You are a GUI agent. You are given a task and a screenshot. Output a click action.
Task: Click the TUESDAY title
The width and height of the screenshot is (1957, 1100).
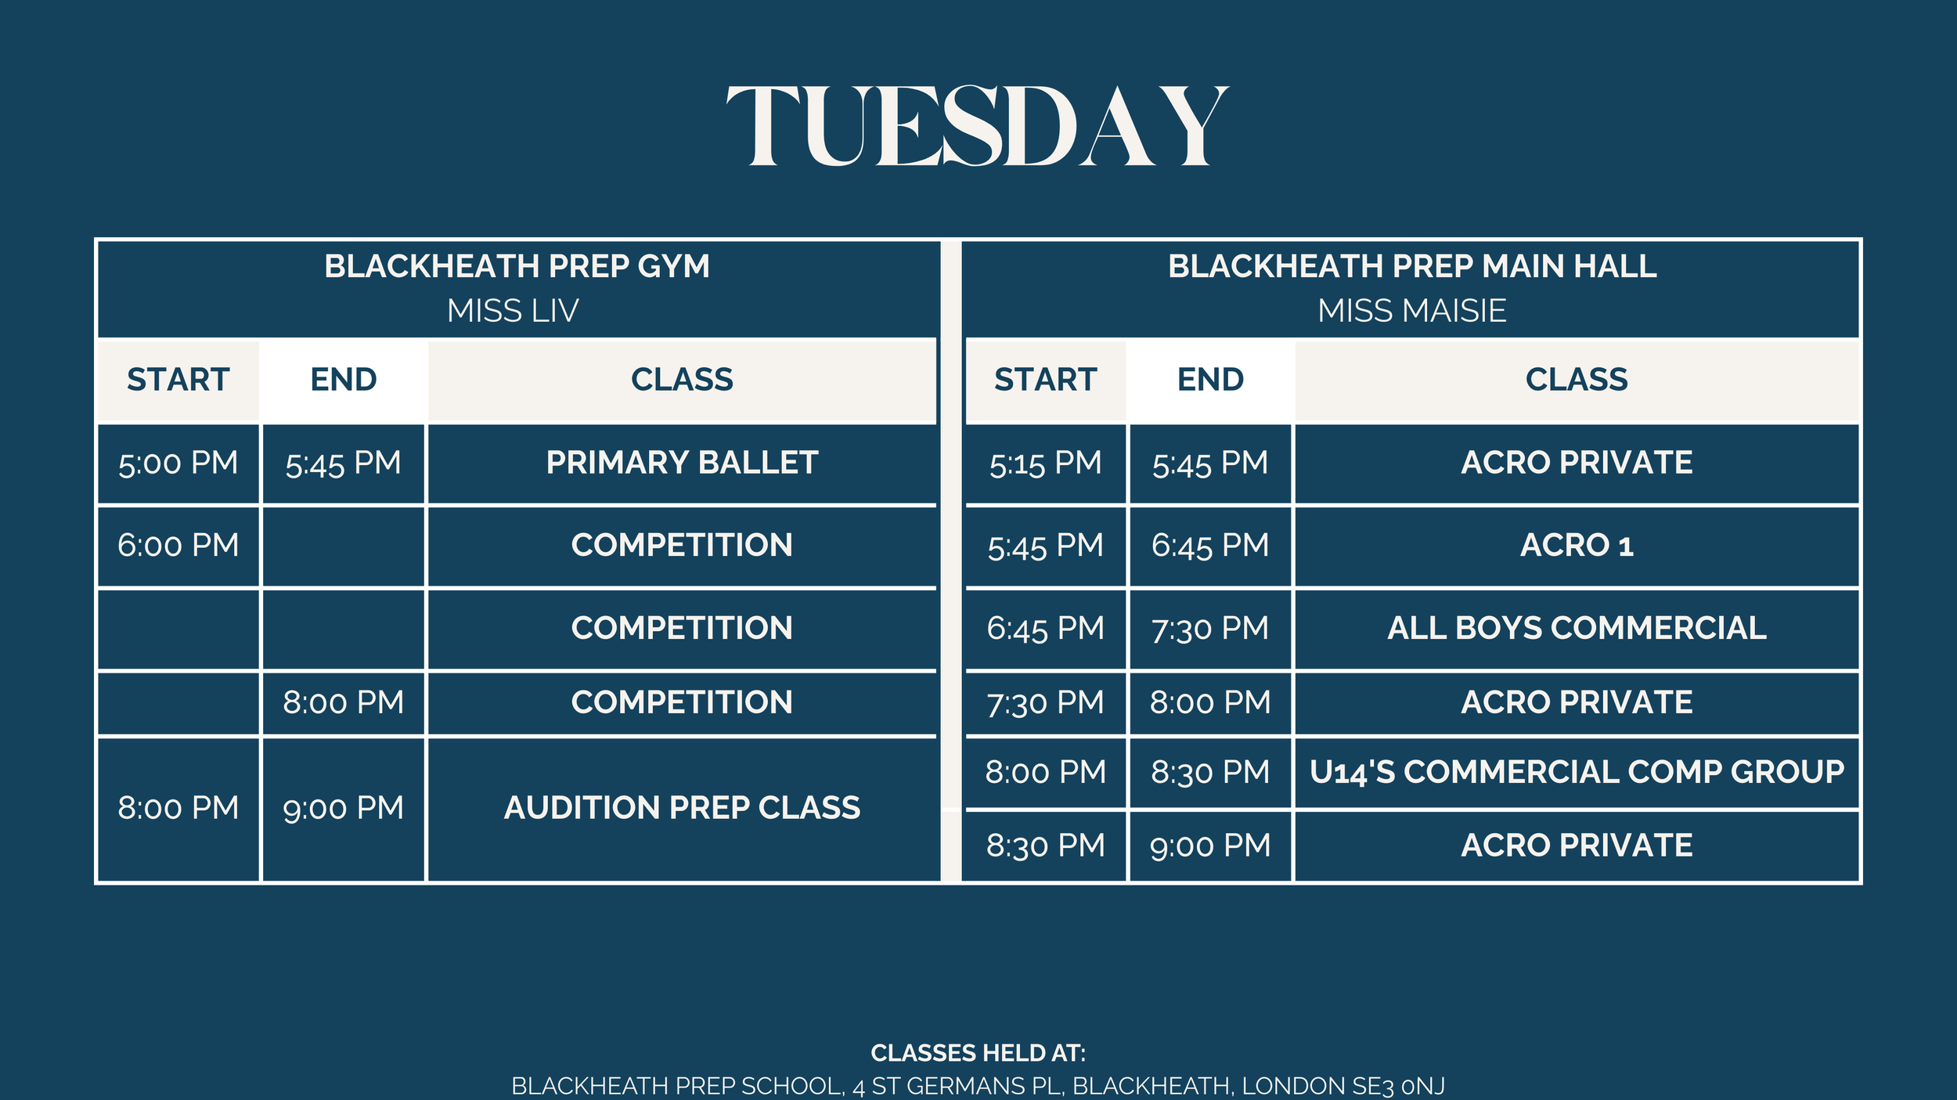(x=978, y=127)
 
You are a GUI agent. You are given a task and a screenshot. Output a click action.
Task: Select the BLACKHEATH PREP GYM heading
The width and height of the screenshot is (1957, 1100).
(x=517, y=266)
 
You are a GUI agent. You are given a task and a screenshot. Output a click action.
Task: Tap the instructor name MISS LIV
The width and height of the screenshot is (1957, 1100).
(x=513, y=311)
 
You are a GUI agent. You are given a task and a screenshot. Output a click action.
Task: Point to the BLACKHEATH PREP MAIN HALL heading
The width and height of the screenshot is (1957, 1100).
(x=1412, y=266)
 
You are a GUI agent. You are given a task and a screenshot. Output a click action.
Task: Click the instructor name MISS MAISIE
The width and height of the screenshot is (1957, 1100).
(x=1411, y=311)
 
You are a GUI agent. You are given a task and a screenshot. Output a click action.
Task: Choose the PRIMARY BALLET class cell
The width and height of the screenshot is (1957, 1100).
(x=682, y=463)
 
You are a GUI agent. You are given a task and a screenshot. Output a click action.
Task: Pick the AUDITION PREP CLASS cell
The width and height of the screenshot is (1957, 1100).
(x=682, y=808)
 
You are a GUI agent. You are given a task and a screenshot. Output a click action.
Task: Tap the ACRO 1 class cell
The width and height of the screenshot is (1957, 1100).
(x=1577, y=545)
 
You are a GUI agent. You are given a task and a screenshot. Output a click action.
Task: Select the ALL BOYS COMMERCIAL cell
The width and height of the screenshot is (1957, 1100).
(x=1577, y=628)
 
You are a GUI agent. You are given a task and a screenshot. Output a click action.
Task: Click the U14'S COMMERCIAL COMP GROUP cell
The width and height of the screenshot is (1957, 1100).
(x=1577, y=772)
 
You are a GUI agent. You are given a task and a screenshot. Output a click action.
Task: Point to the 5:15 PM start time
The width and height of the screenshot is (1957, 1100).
(x=1045, y=463)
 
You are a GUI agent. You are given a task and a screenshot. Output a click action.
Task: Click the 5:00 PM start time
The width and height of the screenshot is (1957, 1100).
(x=178, y=463)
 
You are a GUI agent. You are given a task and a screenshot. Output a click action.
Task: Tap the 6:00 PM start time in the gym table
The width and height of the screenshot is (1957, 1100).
(x=178, y=545)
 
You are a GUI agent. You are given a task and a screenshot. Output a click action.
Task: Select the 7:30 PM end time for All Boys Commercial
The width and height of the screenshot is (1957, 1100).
(x=1210, y=628)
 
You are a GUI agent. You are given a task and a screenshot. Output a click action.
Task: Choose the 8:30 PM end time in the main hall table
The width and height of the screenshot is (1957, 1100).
(x=1210, y=772)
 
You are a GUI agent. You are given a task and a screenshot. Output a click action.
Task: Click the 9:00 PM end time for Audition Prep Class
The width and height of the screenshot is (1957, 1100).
(x=343, y=808)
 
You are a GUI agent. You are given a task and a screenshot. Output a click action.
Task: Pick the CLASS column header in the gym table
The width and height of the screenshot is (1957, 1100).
(x=682, y=380)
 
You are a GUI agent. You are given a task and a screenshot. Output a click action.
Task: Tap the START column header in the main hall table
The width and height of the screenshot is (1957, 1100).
(x=1045, y=380)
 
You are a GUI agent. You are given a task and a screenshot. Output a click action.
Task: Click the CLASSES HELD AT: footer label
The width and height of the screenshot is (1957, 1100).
(x=978, y=1053)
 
